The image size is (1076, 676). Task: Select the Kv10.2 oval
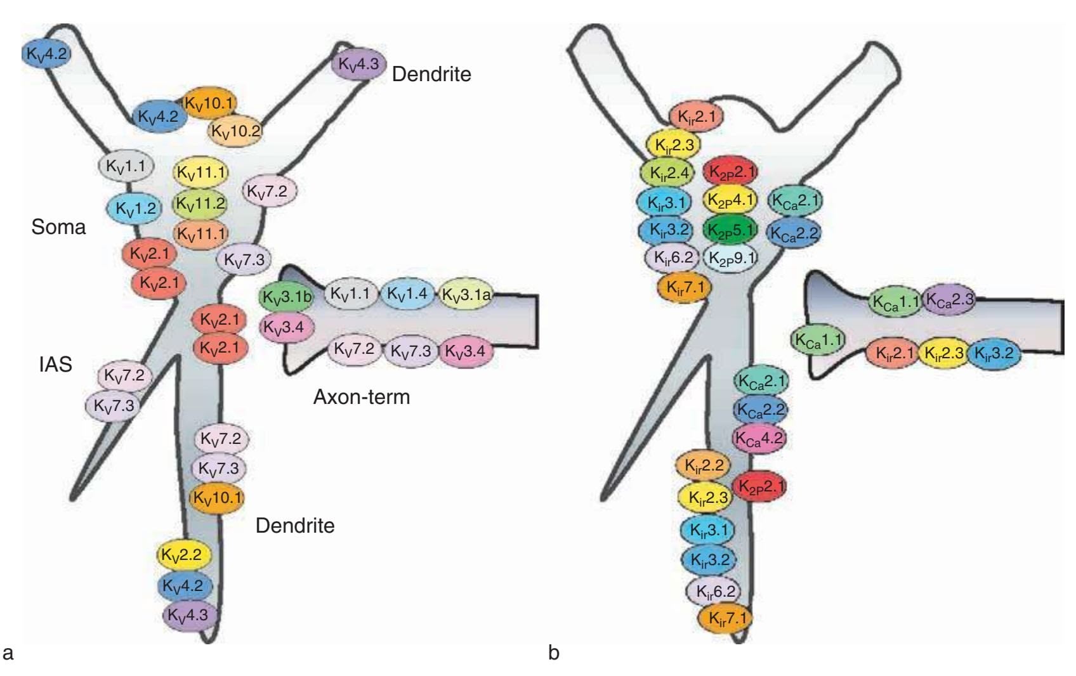(x=235, y=131)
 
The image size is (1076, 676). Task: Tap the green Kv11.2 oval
(x=200, y=204)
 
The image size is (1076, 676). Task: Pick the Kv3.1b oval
(x=287, y=297)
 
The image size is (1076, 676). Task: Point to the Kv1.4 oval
(x=407, y=294)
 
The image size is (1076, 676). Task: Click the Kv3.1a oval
(x=466, y=295)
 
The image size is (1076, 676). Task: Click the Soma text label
(x=58, y=226)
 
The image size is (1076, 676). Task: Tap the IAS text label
(x=55, y=364)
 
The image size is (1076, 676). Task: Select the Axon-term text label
(x=362, y=397)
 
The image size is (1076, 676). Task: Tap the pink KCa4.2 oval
(x=759, y=438)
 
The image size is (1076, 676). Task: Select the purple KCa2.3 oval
(x=949, y=299)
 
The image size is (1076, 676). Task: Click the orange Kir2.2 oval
(x=704, y=466)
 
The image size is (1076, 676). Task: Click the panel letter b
(x=554, y=653)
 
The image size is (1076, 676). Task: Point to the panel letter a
(x=8, y=653)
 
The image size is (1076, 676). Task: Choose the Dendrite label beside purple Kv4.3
(x=431, y=74)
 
